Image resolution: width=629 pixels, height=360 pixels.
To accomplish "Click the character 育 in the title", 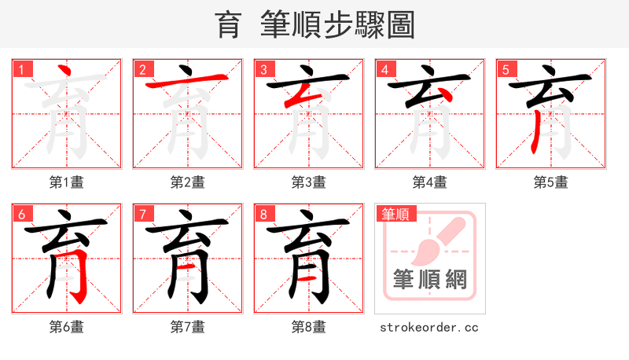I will click(228, 24).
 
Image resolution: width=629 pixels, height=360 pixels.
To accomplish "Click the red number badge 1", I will click(21, 69).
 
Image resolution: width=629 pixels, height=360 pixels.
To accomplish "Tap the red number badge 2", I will click(142, 69).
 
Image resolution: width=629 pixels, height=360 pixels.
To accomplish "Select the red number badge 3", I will click(263, 69).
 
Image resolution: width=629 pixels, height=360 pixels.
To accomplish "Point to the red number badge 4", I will click(384, 69).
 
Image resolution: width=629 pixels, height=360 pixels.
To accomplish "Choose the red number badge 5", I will click(506, 69).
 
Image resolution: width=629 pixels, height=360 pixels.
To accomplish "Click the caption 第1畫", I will click(66, 182).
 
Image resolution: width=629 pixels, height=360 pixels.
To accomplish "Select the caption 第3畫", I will click(308, 182).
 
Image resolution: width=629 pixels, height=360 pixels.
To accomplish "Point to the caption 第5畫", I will click(550, 182).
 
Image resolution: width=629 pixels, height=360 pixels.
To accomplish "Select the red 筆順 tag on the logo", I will click(397, 214).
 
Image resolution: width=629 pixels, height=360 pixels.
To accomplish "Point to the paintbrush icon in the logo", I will click(437, 240).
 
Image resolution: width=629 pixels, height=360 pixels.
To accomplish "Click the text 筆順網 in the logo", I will click(429, 279).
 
